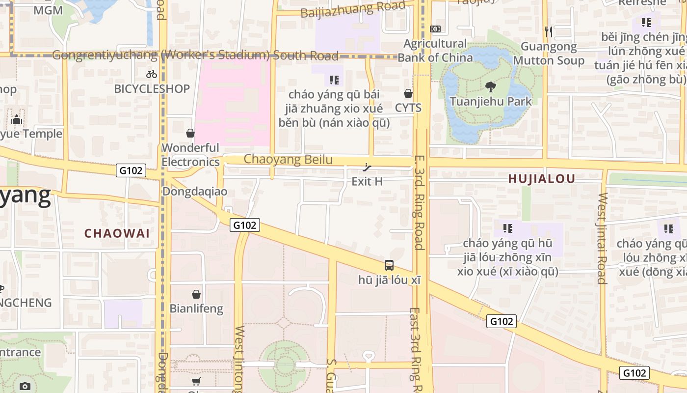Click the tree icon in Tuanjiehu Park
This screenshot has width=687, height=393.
490,87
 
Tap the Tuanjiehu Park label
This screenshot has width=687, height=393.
491,102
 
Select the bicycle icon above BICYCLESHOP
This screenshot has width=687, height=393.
152,74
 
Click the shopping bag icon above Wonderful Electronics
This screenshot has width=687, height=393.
190,133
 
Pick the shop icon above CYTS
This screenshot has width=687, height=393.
408,93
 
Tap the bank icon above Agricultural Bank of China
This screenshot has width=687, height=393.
435,29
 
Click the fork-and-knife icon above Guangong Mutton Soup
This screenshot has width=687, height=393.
549,32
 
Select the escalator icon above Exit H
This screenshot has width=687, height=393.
367,167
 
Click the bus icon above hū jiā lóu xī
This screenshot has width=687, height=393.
389,265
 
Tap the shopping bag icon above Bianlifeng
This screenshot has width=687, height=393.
196,294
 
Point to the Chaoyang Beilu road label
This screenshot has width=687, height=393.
288,159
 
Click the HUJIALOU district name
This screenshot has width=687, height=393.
541,179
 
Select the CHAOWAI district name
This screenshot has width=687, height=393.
117,233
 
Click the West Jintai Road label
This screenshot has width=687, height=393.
602,238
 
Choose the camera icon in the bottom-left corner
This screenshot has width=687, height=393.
25,386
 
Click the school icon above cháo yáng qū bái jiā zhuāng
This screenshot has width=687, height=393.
334,80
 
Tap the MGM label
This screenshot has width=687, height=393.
48,10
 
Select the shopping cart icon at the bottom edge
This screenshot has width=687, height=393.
196,382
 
